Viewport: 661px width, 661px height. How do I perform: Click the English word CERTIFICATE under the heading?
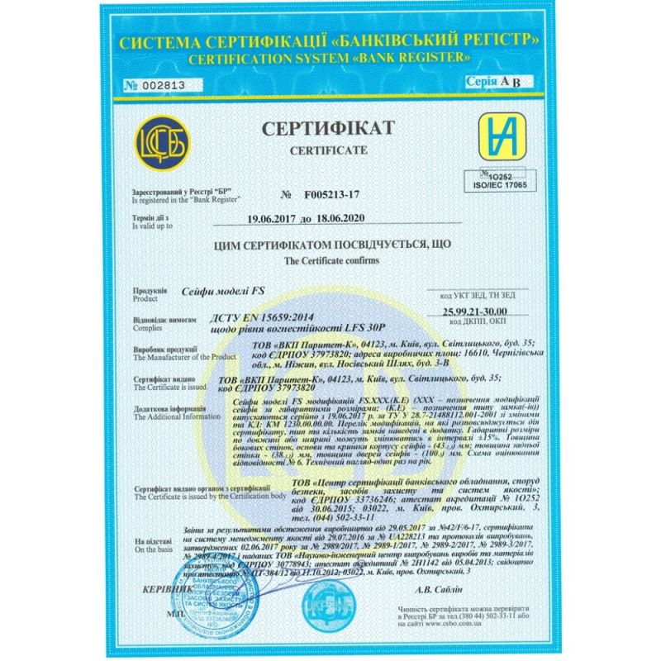point(330,154)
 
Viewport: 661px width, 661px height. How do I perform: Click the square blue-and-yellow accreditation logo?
point(492,134)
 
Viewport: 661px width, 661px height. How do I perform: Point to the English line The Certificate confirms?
point(330,259)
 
